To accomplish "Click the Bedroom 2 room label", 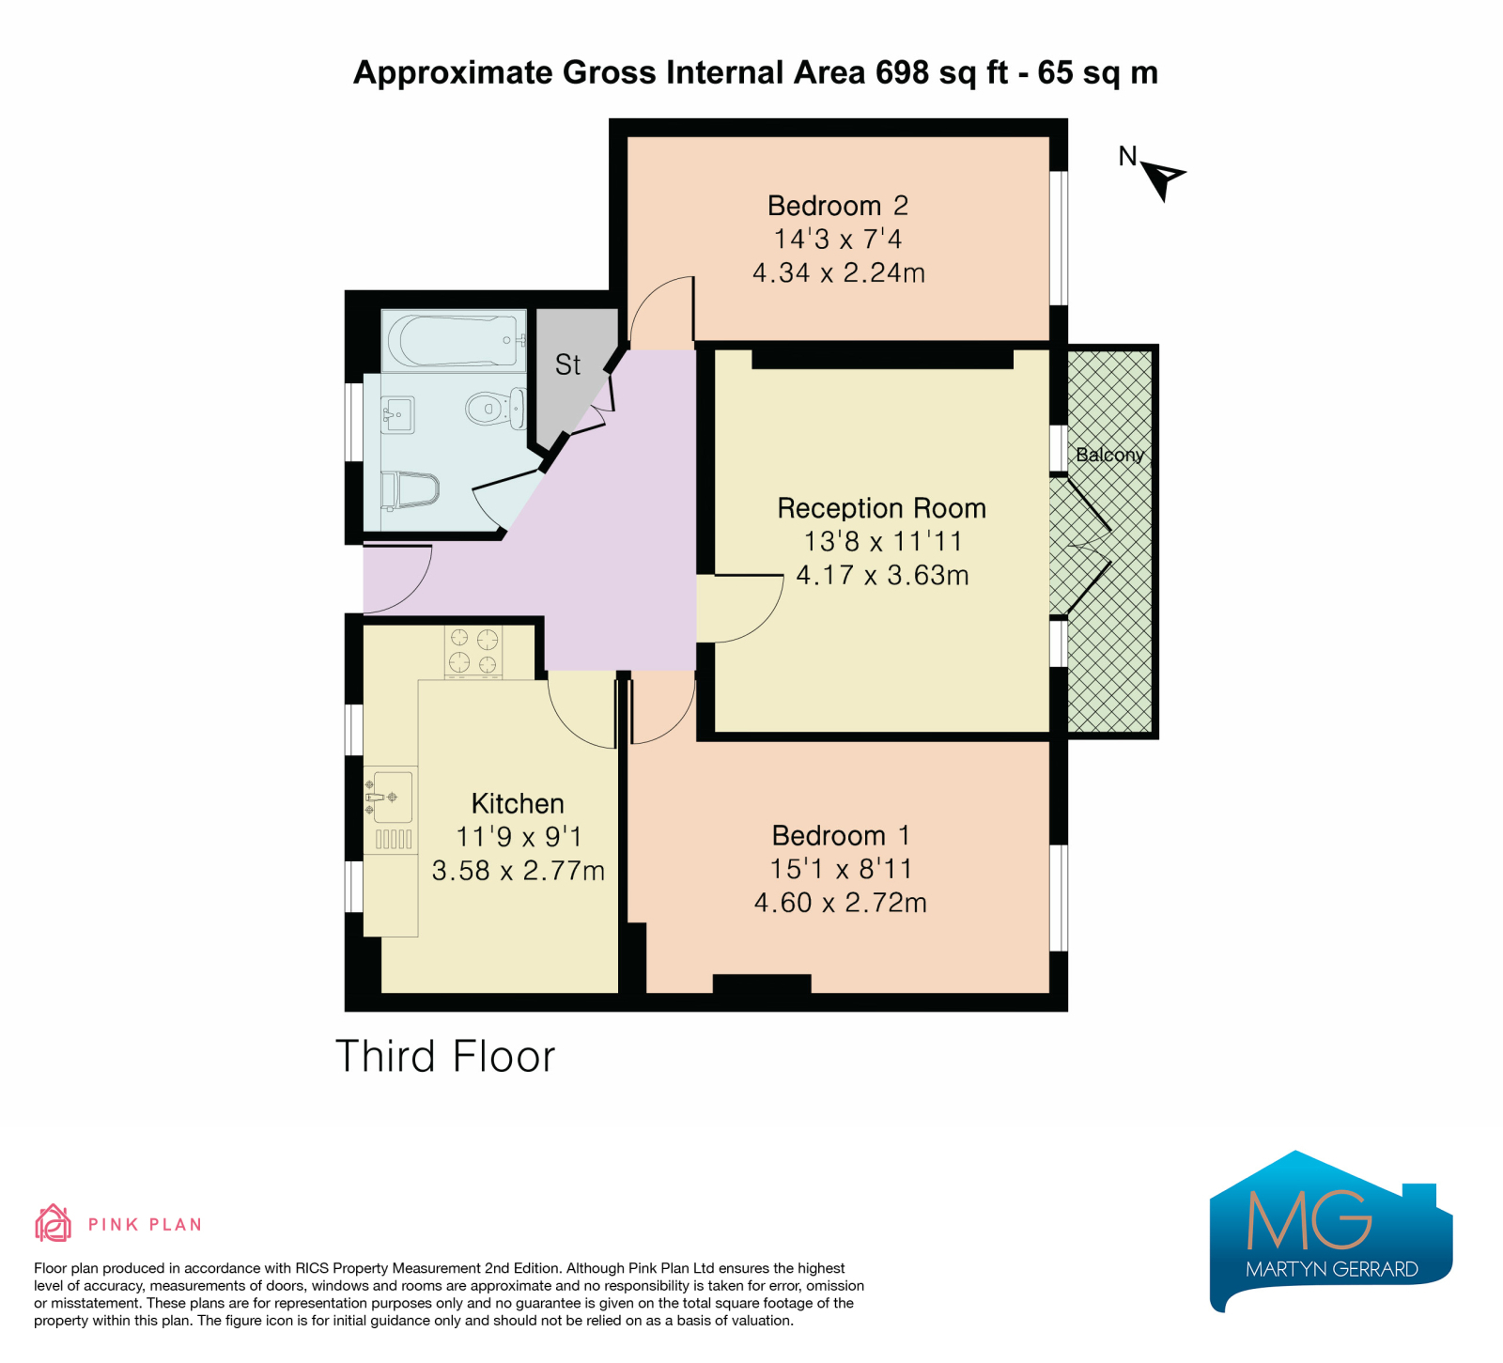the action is (x=837, y=206).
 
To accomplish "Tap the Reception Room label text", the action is (x=881, y=508).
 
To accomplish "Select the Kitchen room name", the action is (x=518, y=803).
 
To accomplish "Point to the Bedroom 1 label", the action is (x=841, y=835).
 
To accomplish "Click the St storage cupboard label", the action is (x=567, y=364).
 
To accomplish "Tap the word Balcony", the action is (x=1109, y=455).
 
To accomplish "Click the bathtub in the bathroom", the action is (x=455, y=340).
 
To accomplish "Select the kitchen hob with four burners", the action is (x=473, y=651).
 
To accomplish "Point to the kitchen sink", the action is (x=390, y=798).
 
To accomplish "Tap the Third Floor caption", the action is (x=445, y=1057).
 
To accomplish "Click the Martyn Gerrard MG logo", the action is (x=1331, y=1231).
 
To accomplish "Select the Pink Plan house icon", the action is (x=53, y=1223).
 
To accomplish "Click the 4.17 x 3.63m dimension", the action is (x=882, y=575).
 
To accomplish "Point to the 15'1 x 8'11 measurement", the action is (x=841, y=869).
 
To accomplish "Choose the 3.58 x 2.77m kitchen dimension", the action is (x=518, y=871).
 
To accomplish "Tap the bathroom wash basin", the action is (x=397, y=414).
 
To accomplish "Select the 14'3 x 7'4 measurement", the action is (x=838, y=239).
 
